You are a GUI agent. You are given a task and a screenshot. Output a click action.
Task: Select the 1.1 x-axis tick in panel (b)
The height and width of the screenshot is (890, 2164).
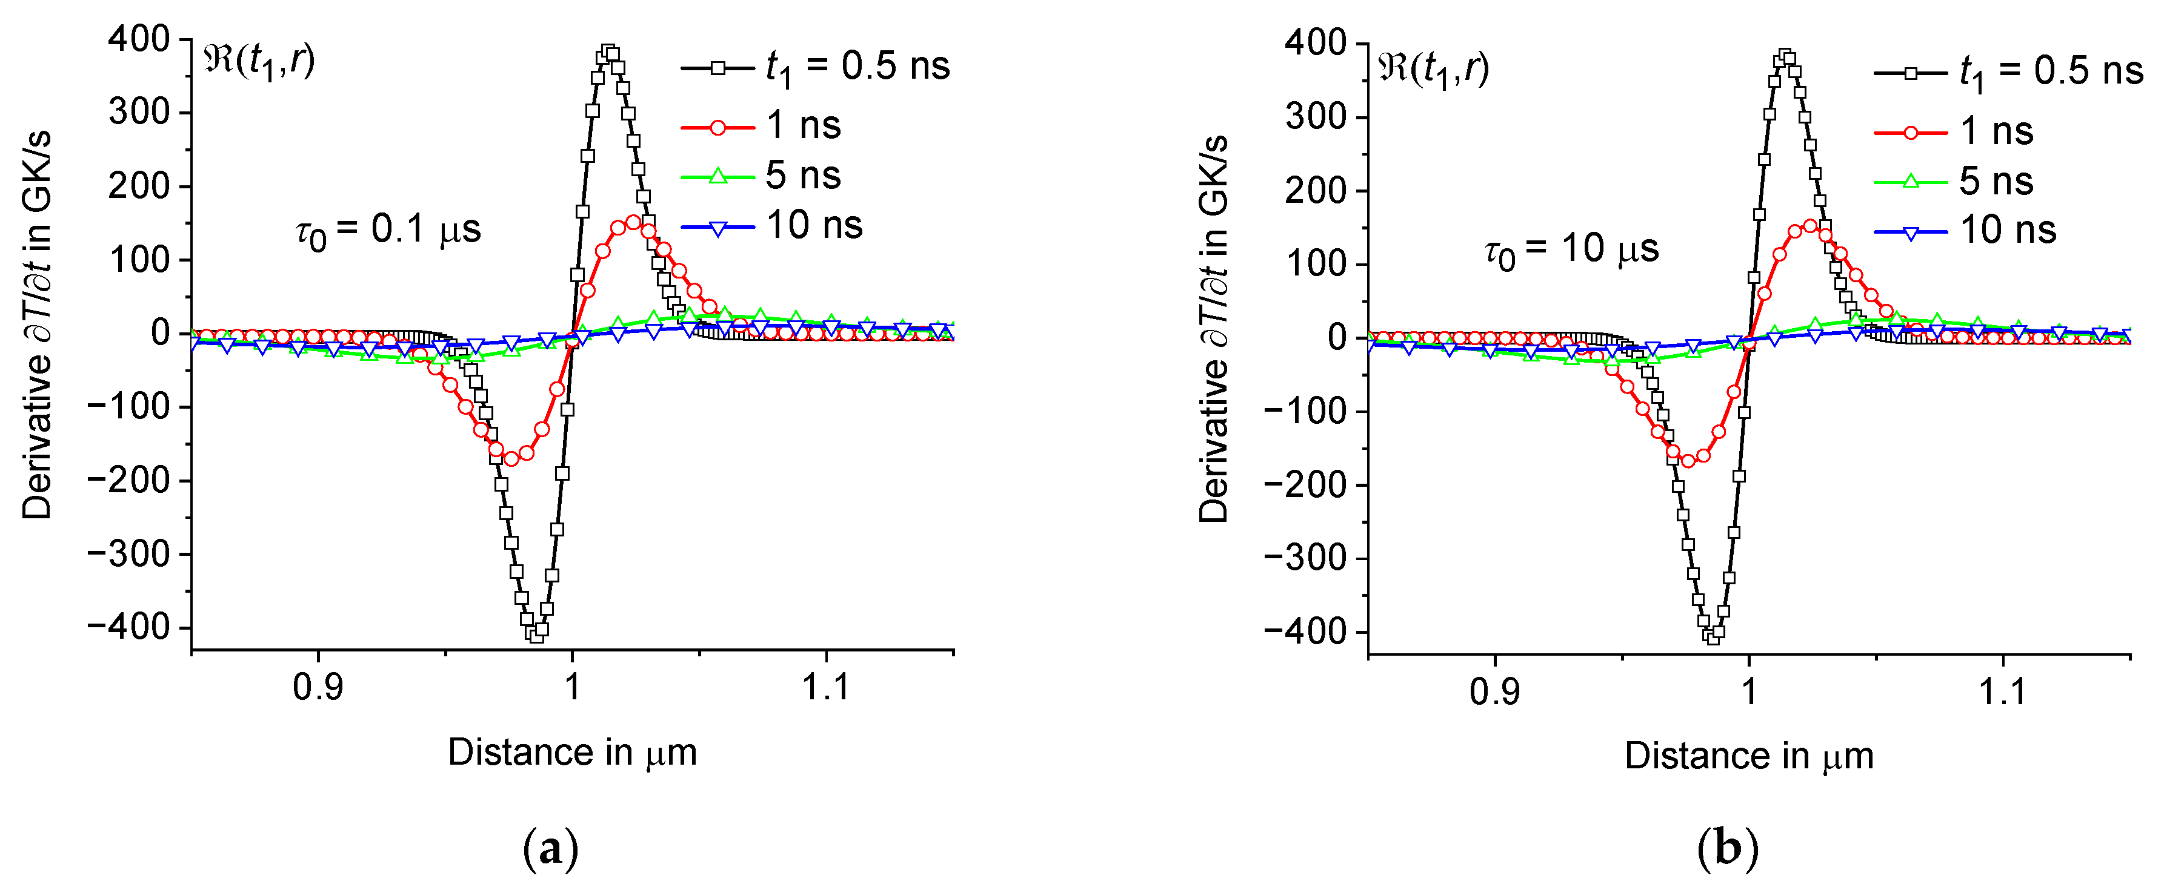tap(2003, 691)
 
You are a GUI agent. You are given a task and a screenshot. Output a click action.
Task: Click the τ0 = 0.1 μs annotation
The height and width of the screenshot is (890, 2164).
tap(388, 231)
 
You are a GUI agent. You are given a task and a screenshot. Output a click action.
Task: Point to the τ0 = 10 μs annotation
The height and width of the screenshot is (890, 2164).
tap(1571, 250)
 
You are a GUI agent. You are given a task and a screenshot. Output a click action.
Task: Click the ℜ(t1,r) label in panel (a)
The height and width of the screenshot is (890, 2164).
tap(259, 61)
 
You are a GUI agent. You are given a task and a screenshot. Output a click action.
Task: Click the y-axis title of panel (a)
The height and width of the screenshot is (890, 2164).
tap(38, 326)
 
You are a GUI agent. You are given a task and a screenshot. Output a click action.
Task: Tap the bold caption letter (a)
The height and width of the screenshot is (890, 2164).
tap(550, 849)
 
